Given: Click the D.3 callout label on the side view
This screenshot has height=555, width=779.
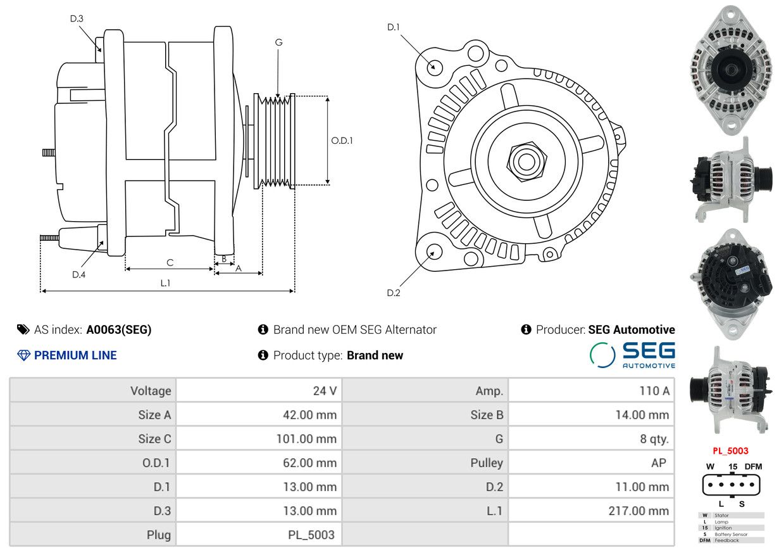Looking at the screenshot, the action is [x=77, y=18].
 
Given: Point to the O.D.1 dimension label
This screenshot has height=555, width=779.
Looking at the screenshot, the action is [x=342, y=141].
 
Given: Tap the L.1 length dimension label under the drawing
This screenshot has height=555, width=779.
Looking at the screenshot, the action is [x=165, y=283].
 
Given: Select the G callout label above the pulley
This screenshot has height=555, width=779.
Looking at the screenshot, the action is [x=278, y=42].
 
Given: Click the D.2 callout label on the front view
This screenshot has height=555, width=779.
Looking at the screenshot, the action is [x=394, y=293].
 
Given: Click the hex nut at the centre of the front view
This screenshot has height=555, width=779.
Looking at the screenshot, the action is [x=527, y=161].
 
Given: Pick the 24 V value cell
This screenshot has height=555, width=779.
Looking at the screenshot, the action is [x=325, y=391].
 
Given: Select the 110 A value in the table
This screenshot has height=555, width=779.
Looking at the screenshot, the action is [x=654, y=391].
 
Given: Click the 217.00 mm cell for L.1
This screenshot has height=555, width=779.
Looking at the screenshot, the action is [x=639, y=511].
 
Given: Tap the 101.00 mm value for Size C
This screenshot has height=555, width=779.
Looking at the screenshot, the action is [x=306, y=438].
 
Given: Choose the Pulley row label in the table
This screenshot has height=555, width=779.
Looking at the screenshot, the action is [x=487, y=463].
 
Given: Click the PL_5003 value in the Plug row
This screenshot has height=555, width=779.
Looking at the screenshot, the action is [x=311, y=535].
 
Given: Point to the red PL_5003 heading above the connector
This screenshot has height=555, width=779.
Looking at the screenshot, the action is [x=730, y=451].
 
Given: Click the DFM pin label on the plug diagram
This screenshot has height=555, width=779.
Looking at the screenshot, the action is [x=753, y=466].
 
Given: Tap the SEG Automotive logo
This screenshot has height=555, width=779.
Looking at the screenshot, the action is [x=632, y=355].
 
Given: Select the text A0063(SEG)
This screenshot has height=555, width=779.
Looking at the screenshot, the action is [x=119, y=329].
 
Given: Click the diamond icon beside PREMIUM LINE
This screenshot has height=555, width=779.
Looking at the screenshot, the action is [x=23, y=355].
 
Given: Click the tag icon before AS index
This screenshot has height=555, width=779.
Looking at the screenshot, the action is [x=23, y=329].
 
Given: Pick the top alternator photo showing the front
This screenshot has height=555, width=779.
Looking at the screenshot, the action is [x=731, y=70].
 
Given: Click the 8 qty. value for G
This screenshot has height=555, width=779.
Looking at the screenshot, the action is [x=654, y=439].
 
